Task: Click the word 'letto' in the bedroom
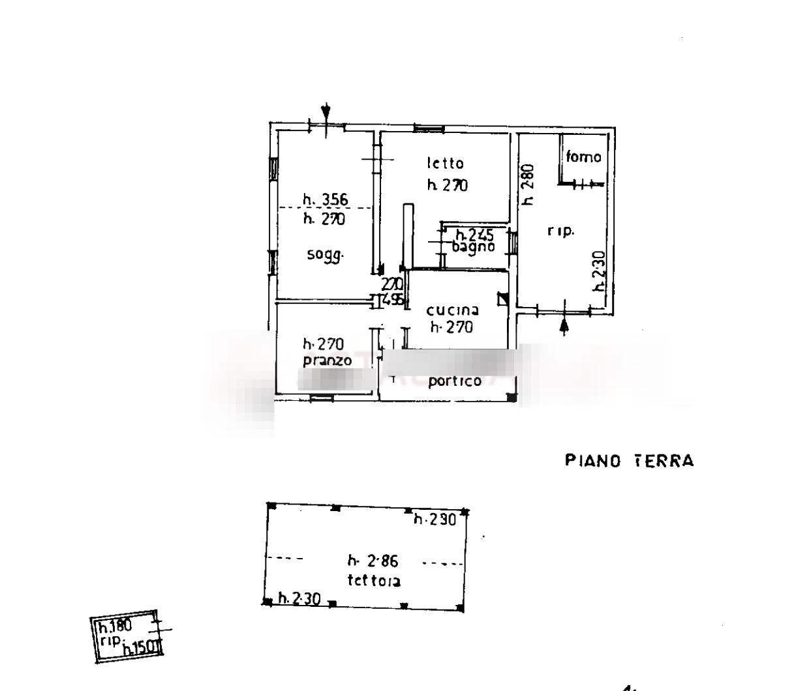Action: pos(446,163)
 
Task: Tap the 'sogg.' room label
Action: pos(326,256)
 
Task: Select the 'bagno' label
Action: pos(473,246)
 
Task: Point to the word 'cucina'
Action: pos(453,311)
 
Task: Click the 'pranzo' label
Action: pos(328,360)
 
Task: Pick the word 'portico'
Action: pos(455,381)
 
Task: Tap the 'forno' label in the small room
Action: pos(584,157)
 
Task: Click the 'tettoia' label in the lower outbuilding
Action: pos(374,580)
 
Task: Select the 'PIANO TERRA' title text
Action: pos(629,462)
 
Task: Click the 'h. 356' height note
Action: pos(326,200)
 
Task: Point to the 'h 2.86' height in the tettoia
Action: pos(373,561)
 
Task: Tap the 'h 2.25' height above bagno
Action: pos(474,234)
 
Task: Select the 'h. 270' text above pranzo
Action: pos(324,344)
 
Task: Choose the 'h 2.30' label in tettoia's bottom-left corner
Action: pos(298,598)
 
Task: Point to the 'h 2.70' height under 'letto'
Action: pos(448,186)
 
